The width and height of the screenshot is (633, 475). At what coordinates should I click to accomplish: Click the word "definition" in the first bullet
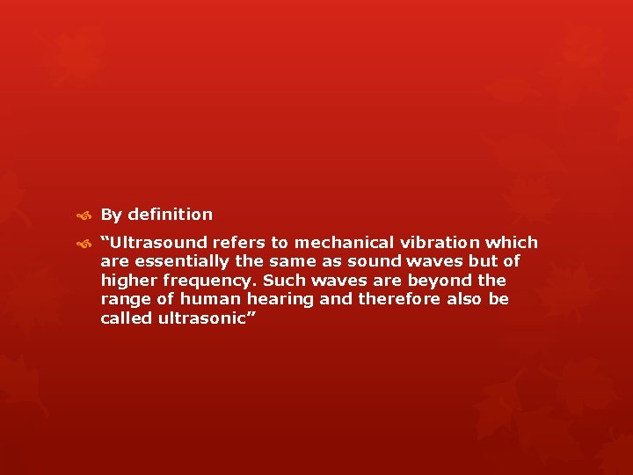pyautogui.click(x=169, y=215)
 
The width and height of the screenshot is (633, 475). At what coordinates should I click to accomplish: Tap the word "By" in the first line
pyautogui.click(x=111, y=215)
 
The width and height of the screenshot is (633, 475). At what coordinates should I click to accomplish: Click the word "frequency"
pyautogui.click(x=203, y=281)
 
